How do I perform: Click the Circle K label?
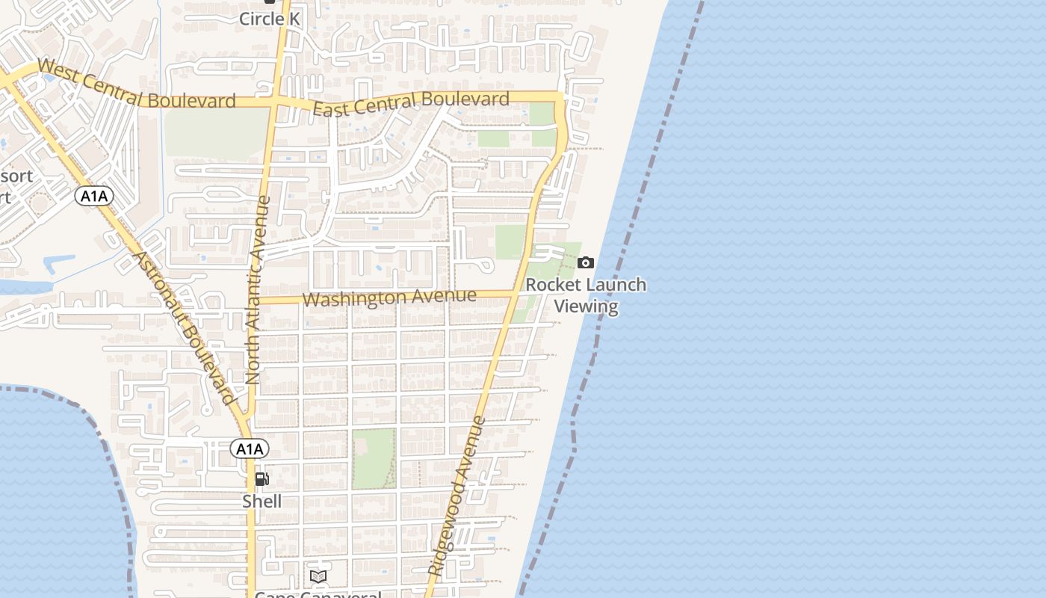click(x=269, y=19)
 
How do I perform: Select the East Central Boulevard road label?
click(x=411, y=103)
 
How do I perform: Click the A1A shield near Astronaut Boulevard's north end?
click(x=94, y=196)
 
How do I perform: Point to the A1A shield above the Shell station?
click(x=249, y=449)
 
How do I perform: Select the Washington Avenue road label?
click(x=389, y=298)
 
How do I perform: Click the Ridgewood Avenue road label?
click(x=457, y=495)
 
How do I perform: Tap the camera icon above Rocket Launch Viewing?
click(x=586, y=262)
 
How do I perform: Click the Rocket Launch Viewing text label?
click(x=586, y=295)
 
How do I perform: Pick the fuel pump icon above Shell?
click(x=261, y=479)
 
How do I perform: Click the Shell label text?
click(x=261, y=501)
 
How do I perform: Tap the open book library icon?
click(x=318, y=576)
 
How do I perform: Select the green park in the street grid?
click(x=373, y=458)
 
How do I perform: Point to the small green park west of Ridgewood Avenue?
click(x=511, y=241)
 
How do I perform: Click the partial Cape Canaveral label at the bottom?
click(x=318, y=594)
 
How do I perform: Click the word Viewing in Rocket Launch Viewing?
click(x=586, y=306)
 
